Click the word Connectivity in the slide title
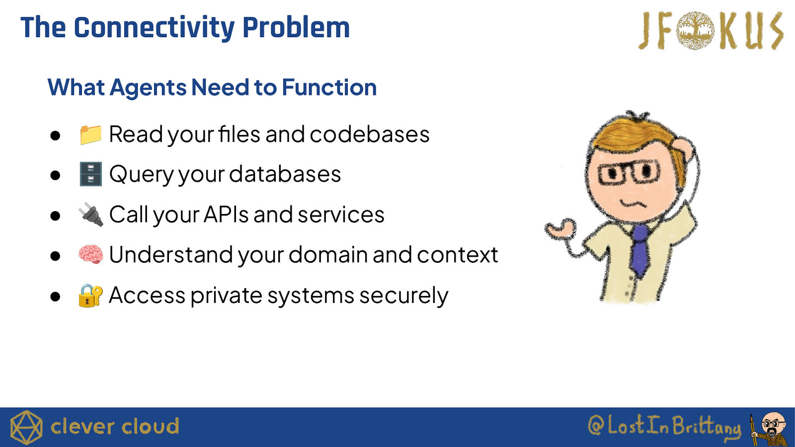pyautogui.click(x=154, y=28)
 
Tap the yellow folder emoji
pyautogui.click(x=90, y=135)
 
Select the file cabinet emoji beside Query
pyautogui.click(x=90, y=174)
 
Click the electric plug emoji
pyautogui.click(x=91, y=214)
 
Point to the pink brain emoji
pyautogui.click(x=91, y=254)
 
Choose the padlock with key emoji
pyautogui.click(x=90, y=295)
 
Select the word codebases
pyautogui.click(x=370, y=135)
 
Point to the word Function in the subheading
pyautogui.click(x=329, y=87)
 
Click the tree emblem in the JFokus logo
pyautogui.click(x=695, y=30)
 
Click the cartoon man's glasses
pyautogui.click(x=629, y=172)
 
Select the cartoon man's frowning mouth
pyautogui.click(x=633, y=204)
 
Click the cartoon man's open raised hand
pyautogui.click(x=561, y=229)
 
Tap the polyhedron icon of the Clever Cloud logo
pyautogui.click(x=26, y=428)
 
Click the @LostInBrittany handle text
pyautogui.click(x=664, y=426)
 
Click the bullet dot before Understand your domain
pyautogui.click(x=55, y=255)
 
